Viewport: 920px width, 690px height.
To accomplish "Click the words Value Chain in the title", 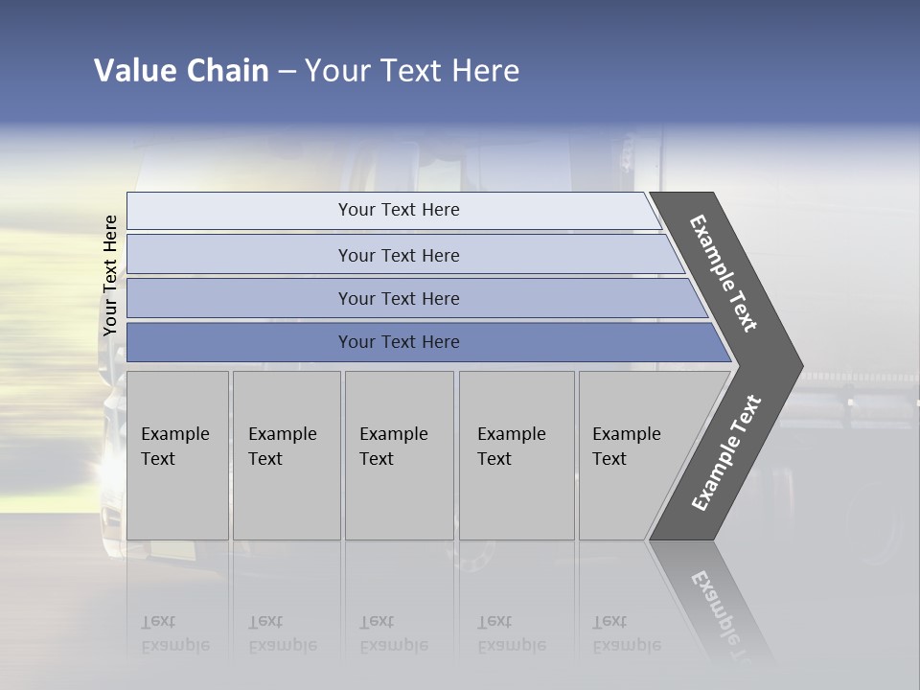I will tap(181, 71).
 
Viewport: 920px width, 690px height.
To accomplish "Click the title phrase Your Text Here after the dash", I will tap(412, 71).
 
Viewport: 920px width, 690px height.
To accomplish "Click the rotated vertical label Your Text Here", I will tap(110, 276).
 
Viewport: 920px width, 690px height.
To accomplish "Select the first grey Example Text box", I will tap(177, 455).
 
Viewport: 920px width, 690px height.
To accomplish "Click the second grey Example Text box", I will tap(286, 455).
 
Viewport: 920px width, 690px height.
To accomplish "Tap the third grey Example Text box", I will tap(399, 455).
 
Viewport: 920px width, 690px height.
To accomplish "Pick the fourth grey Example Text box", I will tap(517, 455).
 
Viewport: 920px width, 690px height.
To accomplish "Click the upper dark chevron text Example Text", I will tap(724, 273).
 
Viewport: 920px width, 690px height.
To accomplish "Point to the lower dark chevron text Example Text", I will tap(725, 453).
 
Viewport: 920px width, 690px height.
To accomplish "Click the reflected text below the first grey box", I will tap(174, 634).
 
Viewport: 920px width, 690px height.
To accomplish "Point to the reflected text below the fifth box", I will tap(627, 634).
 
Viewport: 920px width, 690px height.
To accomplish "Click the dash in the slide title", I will tap(287, 71).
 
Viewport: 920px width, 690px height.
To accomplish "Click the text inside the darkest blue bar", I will tap(399, 342).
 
